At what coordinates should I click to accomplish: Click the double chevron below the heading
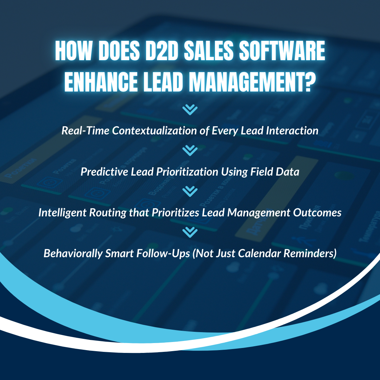[190, 110]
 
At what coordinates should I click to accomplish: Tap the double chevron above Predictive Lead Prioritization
[190, 151]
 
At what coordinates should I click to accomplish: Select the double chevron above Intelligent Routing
[190, 191]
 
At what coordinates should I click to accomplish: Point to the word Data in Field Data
[289, 172]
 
